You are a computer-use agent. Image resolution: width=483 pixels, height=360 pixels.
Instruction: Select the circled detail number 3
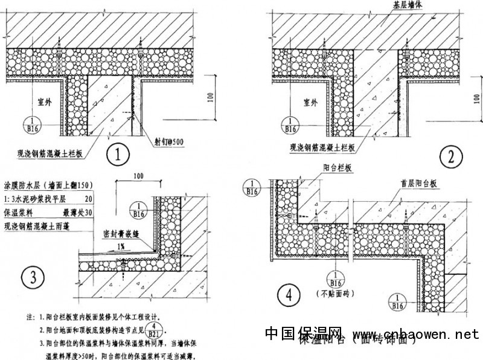click(31, 278)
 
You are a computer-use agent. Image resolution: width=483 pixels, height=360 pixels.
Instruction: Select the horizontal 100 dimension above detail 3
click(141, 175)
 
